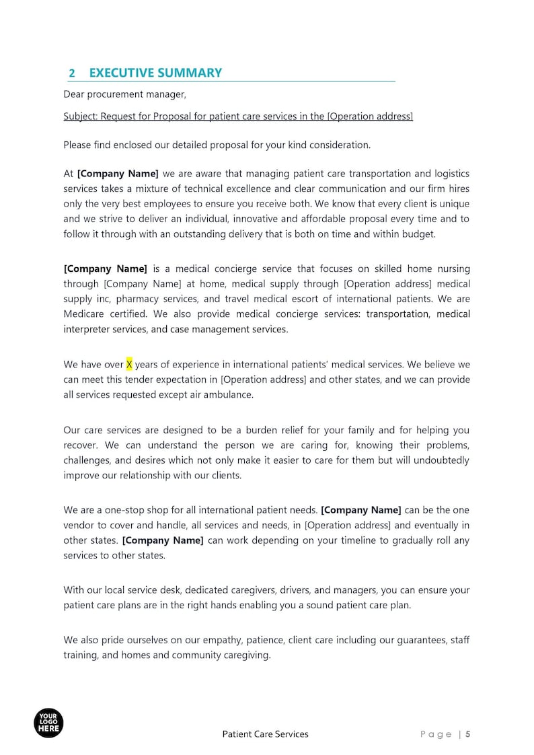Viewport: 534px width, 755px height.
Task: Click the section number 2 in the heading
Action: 72,73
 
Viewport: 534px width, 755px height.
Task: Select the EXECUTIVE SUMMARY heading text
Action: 155,73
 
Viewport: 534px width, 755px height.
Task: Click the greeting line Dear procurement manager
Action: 124,94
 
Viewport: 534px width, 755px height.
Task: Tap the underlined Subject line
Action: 238,116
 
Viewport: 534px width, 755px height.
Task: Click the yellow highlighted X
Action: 129,365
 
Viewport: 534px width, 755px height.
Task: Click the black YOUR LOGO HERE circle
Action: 48,723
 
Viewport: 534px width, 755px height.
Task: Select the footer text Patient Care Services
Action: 265,734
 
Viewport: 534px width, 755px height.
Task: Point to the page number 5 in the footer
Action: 467,734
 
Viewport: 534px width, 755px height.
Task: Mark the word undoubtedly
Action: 438,460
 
